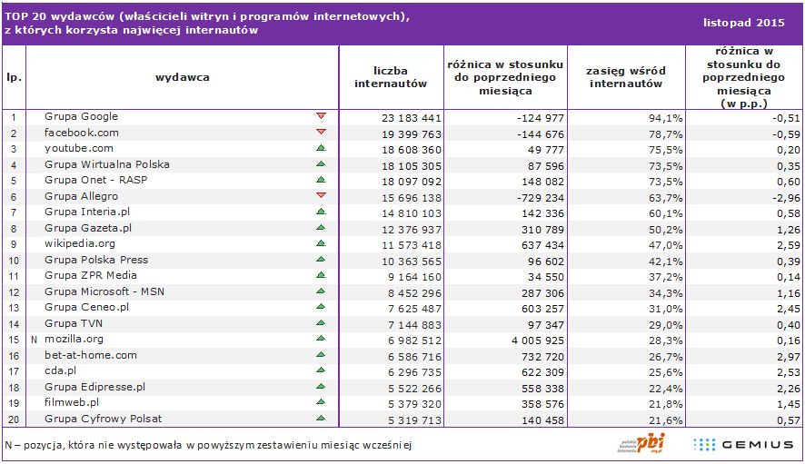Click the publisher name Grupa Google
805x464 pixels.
click(x=81, y=116)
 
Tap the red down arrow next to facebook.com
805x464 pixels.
click(x=320, y=133)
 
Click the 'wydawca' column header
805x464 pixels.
click(x=183, y=77)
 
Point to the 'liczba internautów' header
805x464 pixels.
click(x=390, y=77)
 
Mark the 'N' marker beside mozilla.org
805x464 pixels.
click(x=34, y=339)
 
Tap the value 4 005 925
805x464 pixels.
click(x=532, y=339)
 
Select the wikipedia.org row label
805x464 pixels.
click(x=80, y=243)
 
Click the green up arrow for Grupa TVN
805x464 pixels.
click(x=320, y=323)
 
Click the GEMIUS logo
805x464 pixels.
click(x=743, y=443)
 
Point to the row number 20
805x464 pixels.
click(x=14, y=419)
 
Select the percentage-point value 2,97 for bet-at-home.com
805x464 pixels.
click(x=787, y=355)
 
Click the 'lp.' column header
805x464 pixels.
click(x=14, y=77)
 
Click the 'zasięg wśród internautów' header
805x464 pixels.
click(x=626, y=77)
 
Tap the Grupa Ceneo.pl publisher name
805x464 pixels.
click(x=87, y=307)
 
